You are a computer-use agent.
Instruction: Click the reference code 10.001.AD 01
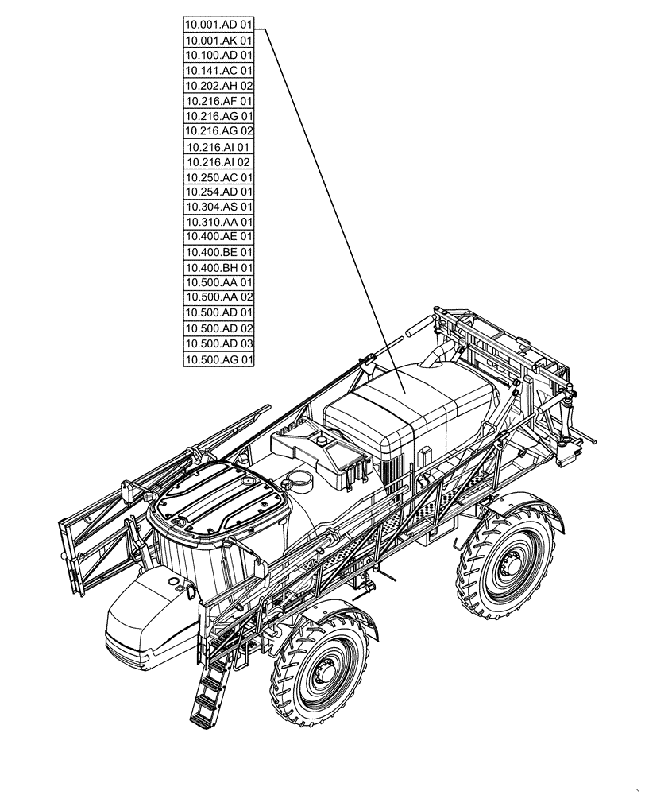(x=218, y=25)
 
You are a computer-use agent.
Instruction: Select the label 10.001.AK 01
(x=218, y=40)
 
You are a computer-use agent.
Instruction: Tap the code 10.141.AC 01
(x=218, y=70)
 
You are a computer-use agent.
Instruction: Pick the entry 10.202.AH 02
(x=218, y=85)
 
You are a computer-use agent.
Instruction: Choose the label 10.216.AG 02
(x=218, y=130)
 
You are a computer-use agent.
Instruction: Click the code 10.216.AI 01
(x=218, y=147)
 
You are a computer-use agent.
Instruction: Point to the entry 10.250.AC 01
(x=218, y=177)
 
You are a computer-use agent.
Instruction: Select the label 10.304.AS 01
(x=218, y=207)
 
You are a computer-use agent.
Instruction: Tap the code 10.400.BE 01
(x=218, y=252)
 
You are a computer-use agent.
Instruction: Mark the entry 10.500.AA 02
(x=218, y=297)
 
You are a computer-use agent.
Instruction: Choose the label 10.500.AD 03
(x=218, y=343)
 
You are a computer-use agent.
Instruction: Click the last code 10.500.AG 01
(x=218, y=360)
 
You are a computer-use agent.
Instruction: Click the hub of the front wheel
(x=323, y=675)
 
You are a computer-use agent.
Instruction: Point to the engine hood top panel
(x=405, y=405)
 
